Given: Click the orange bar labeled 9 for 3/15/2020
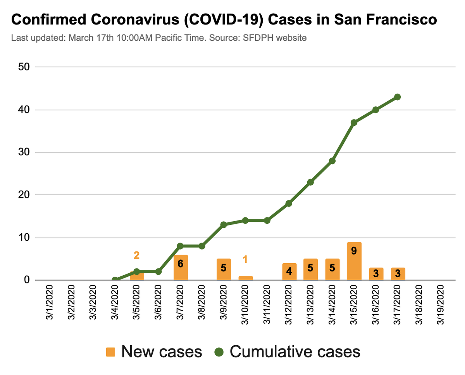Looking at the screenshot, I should click(x=354, y=261).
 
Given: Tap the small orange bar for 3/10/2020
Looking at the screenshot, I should click(x=245, y=278).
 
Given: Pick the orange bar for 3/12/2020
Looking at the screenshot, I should click(x=289, y=271).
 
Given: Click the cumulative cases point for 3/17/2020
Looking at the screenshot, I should click(x=397, y=97).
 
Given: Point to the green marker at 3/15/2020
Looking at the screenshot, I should click(x=354, y=123).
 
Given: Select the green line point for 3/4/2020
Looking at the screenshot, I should click(x=115, y=280).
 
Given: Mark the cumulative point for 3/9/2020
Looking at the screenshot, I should click(x=224, y=224).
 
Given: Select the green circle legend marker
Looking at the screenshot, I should click(x=219, y=352).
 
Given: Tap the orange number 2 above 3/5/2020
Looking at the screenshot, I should click(x=136, y=255).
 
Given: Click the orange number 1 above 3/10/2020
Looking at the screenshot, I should click(x=245, y=259).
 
